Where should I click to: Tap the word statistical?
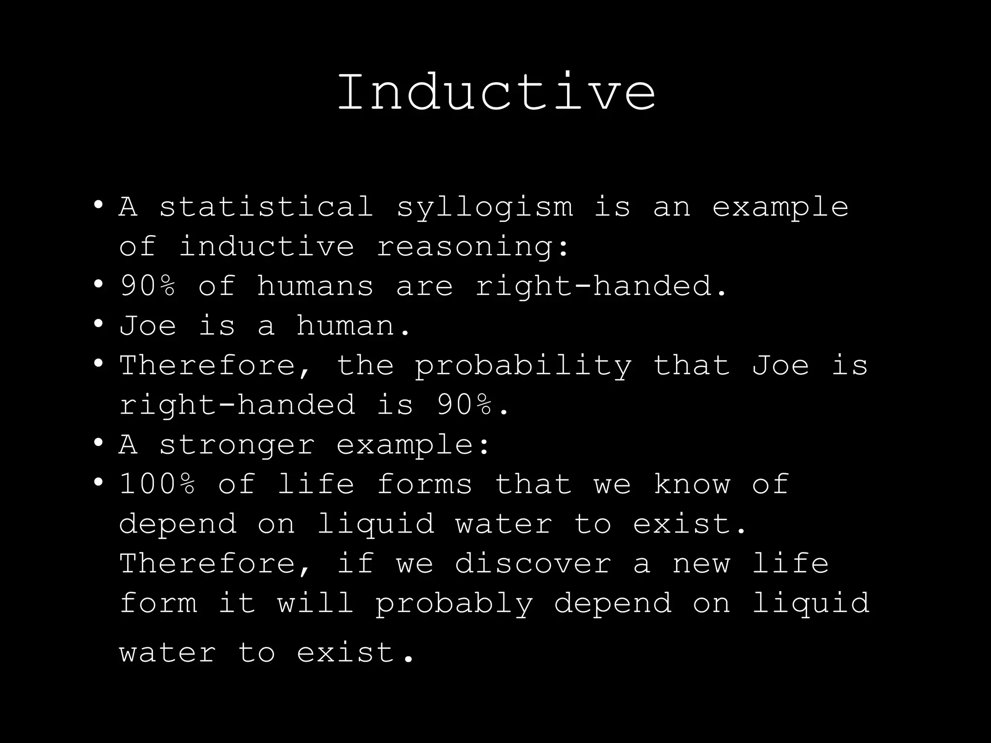coord(266,207)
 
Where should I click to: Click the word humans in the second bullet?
coord(315,286)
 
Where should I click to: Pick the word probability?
coord(523,366)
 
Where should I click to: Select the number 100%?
coord(158,484)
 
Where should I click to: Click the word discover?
coord(533,564)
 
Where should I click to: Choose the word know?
coord(691,484)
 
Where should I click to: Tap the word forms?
coord(424,484)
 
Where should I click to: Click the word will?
coord(315,603)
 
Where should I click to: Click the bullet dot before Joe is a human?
coord(99,323)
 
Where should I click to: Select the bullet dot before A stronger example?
coord(99,442)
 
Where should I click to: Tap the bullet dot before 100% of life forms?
coord(99,482)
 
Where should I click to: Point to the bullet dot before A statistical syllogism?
coord(99,204)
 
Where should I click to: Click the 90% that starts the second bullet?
coord(148,286)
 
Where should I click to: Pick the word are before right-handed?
coord(424,286)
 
